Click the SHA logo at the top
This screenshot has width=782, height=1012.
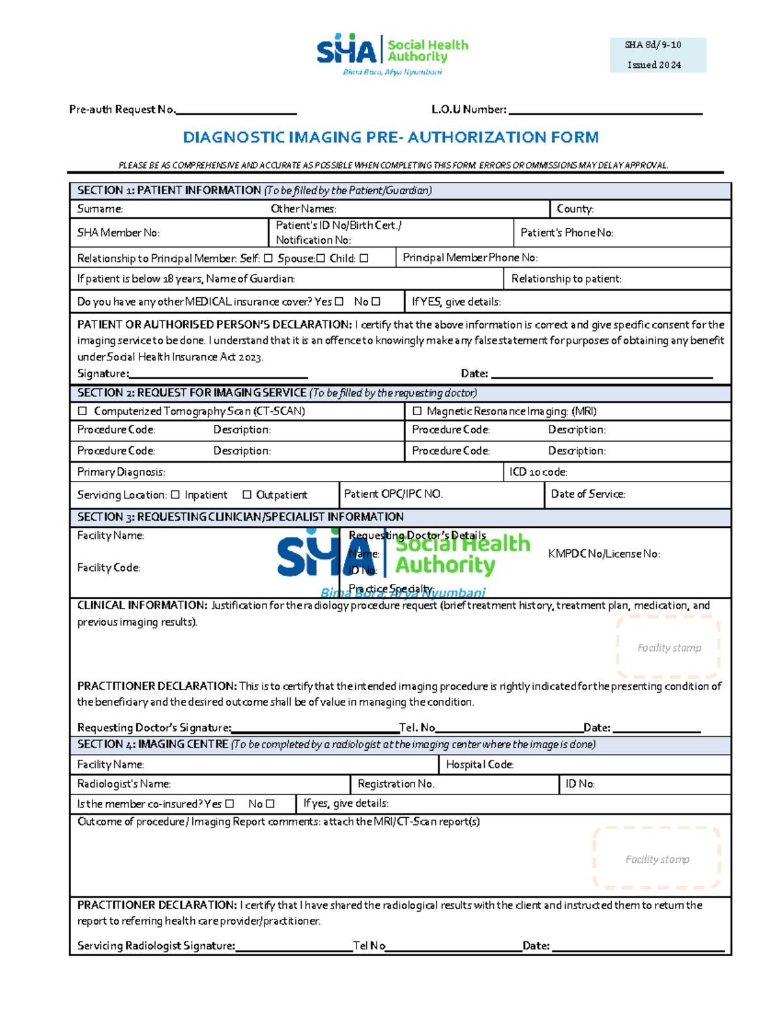click(392, 53)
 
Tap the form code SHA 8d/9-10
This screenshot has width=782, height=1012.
click(653, 45)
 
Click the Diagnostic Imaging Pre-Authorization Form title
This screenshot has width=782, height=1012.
click(390, 137)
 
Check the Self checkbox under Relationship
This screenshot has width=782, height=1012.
click(268, 259)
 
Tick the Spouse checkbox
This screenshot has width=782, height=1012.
click(320, 259)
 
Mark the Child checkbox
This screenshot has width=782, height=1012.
click(364, 259)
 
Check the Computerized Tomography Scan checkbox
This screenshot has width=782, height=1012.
click(82, 411)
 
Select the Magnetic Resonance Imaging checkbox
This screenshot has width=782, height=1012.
click(417, 411)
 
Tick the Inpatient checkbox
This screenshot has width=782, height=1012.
click(175, 495)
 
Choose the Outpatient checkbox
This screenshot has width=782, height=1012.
click(246, 495)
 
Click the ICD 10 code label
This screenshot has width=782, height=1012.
click(538, 472)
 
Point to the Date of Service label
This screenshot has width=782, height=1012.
click(588, 494)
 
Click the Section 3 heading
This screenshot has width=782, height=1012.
click(240, 517)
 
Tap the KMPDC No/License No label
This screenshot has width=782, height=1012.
click(603, 554)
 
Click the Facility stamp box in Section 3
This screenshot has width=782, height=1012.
click(669, 647)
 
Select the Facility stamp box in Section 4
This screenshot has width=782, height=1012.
click(657, 858)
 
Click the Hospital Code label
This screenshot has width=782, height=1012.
click(480, 764)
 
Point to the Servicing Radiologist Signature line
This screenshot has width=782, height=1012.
click(293, 946)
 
